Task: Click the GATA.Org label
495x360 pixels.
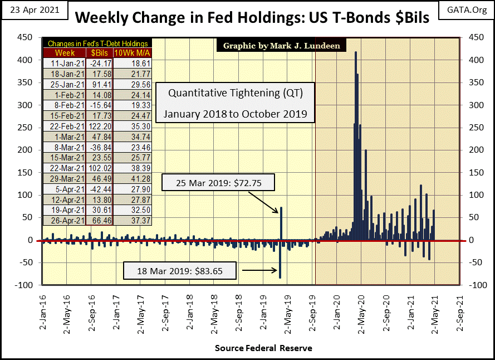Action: coord(465,11)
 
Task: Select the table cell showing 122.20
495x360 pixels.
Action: coord(98,127)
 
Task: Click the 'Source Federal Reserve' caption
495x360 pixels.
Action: coord(263,348)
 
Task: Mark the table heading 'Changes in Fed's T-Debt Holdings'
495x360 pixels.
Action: coord(97,43)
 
